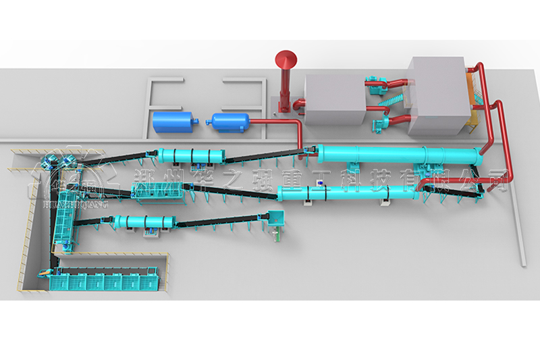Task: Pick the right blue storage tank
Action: (x=230, y=122)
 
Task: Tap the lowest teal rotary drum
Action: (x=144, y=222)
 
